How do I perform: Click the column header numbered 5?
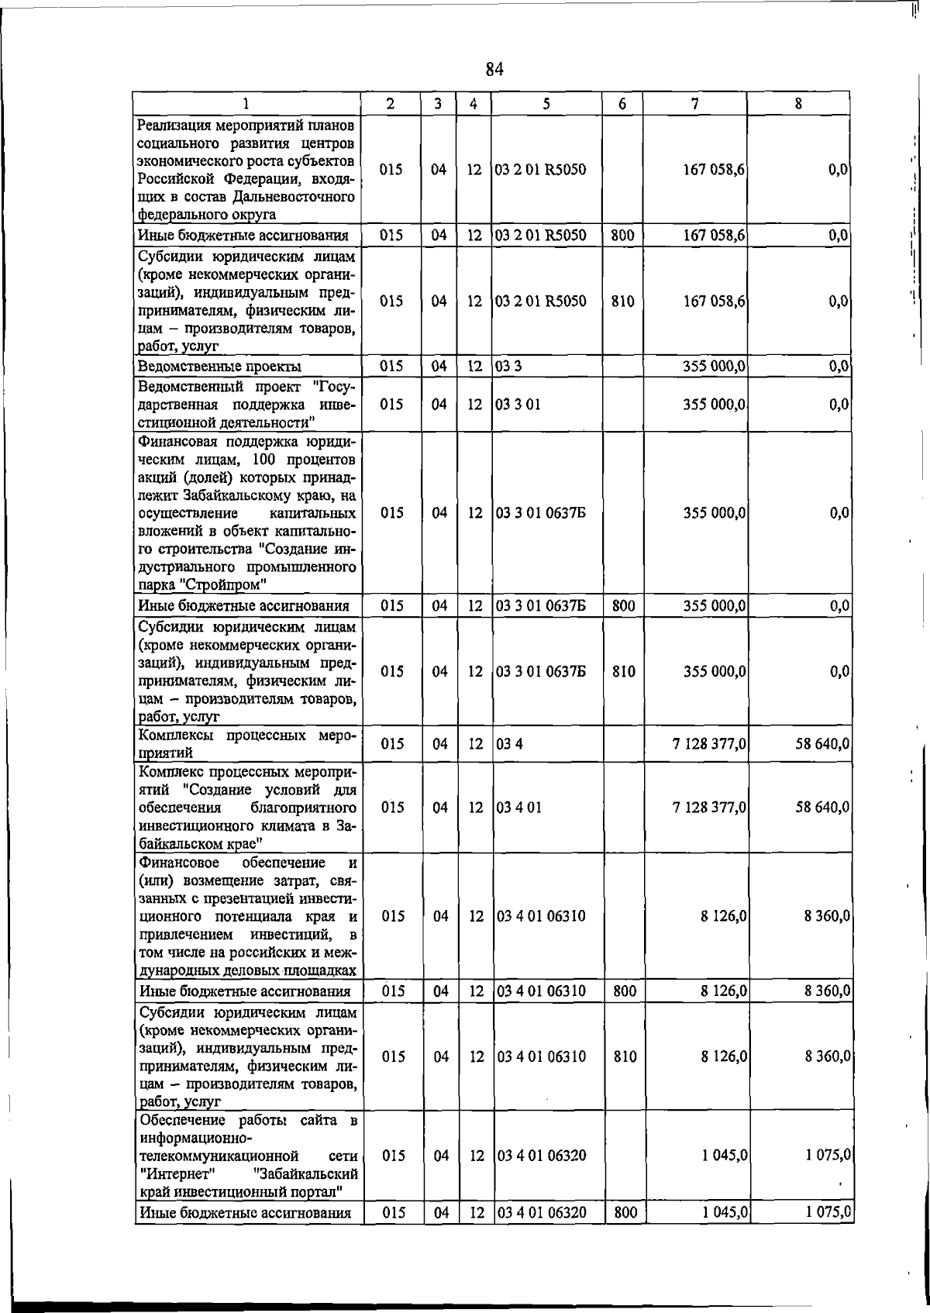546,103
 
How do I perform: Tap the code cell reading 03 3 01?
518,405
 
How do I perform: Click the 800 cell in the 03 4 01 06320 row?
624,1212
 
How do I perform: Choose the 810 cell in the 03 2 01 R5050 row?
622,301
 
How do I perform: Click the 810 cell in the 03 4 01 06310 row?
624,1056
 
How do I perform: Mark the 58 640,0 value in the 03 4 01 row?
822,807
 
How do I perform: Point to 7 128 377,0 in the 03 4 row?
708,744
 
